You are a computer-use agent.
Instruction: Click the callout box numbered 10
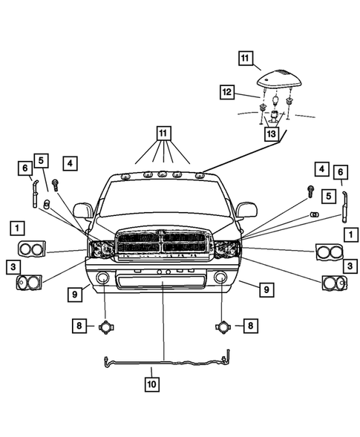pyautogui.click(x=151, y=385)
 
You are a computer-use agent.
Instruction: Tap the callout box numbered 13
pyautogui.click(x=272, y=134)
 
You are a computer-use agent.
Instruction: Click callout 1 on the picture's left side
pyautogui.click(x=16, y=226)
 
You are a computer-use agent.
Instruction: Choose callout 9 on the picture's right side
pyautogui.click(x=266, y=290)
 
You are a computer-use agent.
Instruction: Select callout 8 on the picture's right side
pyautogui.click(x=251, y=325)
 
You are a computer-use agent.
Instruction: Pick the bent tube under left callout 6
pyautogui.click(x=33, y=196)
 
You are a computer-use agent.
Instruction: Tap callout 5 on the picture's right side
pyautogui.click(x=327, y=196)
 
